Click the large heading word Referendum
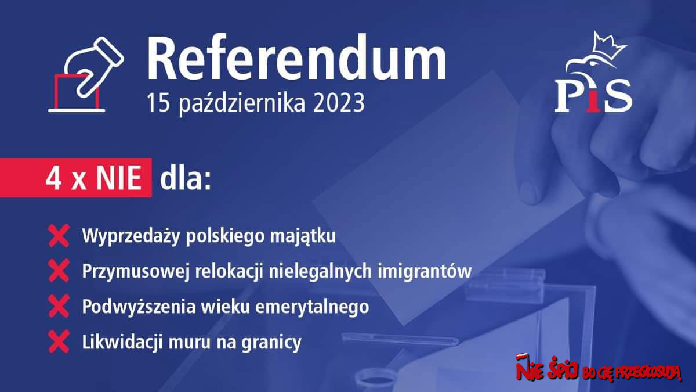pyautogui.click(x=296, y=58)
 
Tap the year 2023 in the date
pyautogui.click(x=339, y=103)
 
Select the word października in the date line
pyautogui.click(x=241, y=103)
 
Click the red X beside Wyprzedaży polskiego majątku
pyautogui.click(x=59, y=236)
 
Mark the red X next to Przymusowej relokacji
pyautogui.click(x=59, y=271)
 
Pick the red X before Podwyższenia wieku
pyautogui.click(x=59, y=307)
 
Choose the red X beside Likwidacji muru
pyautogui.click(x=59, y=342)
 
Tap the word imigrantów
pyautogui.click(x=425, y=271)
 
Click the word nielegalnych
pyautogui.click(x=320, y=271)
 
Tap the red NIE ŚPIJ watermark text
pyautogui.click(x=547, y=369)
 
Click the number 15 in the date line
pyautogui.click(x=158, y=103)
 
